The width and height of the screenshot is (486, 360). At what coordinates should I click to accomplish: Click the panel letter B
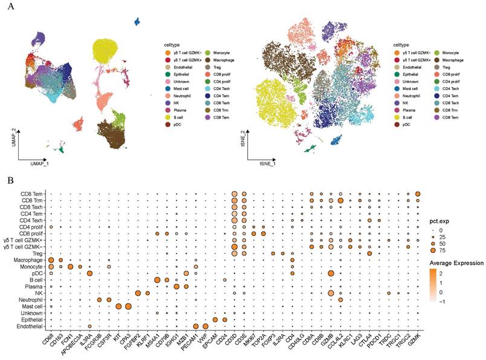10,179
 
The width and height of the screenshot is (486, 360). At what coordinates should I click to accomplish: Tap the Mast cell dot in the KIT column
118,306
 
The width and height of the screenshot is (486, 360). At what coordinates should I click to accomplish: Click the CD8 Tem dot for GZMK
418,194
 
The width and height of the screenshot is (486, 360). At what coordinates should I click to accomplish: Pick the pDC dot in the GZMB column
331,273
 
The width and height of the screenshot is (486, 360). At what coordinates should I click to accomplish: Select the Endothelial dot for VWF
206,327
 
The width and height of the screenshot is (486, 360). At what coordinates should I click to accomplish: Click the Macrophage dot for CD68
51,260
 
